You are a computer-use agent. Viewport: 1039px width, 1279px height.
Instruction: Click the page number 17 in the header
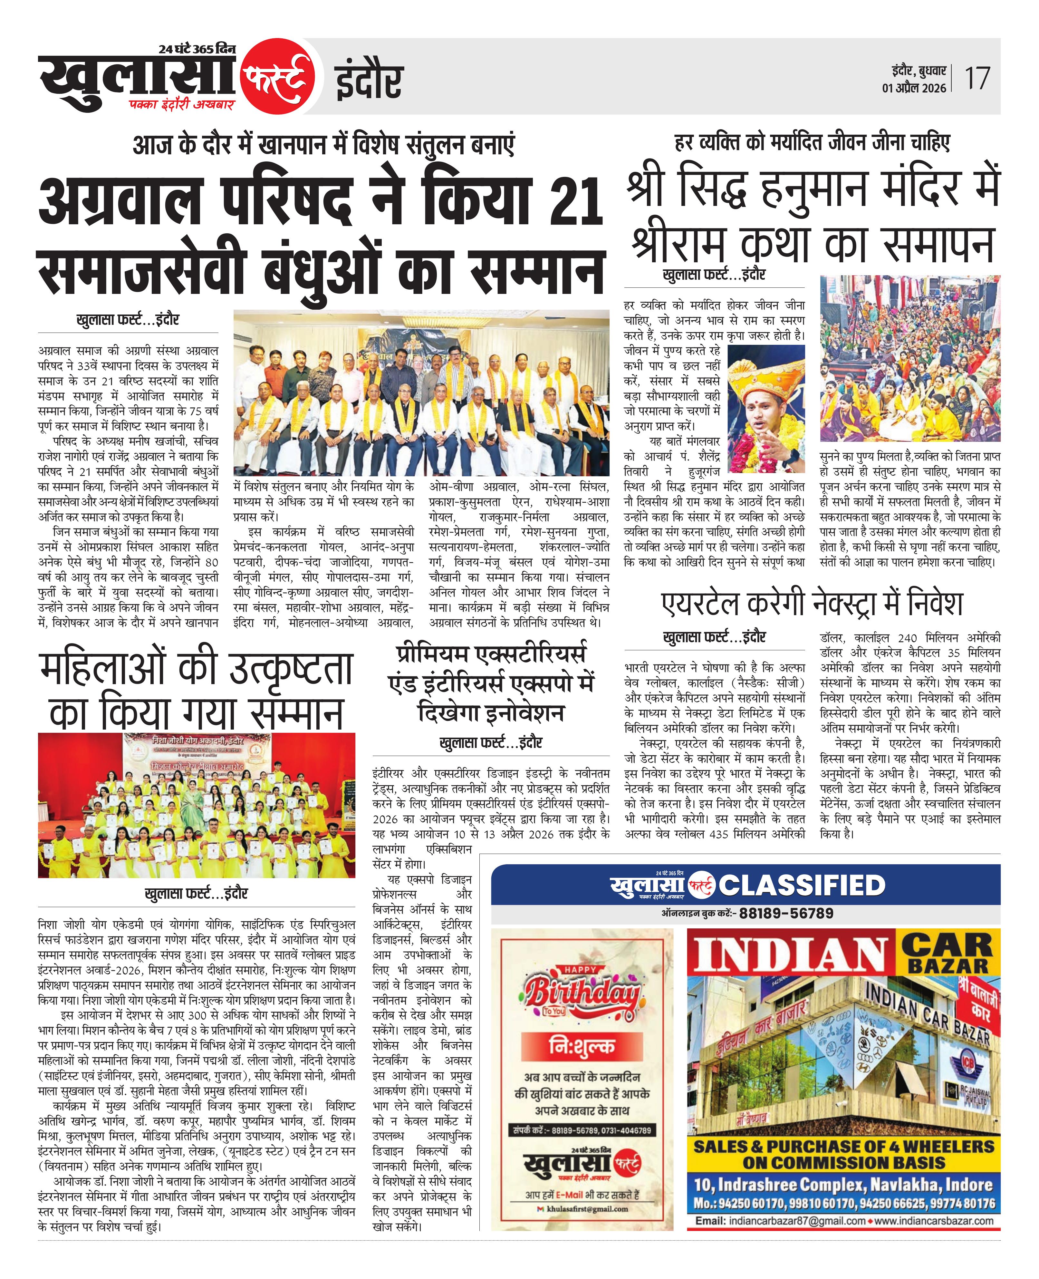(x=977, y=78)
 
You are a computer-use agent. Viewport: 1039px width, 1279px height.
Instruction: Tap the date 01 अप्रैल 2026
(x=914, y=88)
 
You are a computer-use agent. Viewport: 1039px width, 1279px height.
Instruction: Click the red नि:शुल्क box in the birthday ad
(x=582, y=1047)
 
